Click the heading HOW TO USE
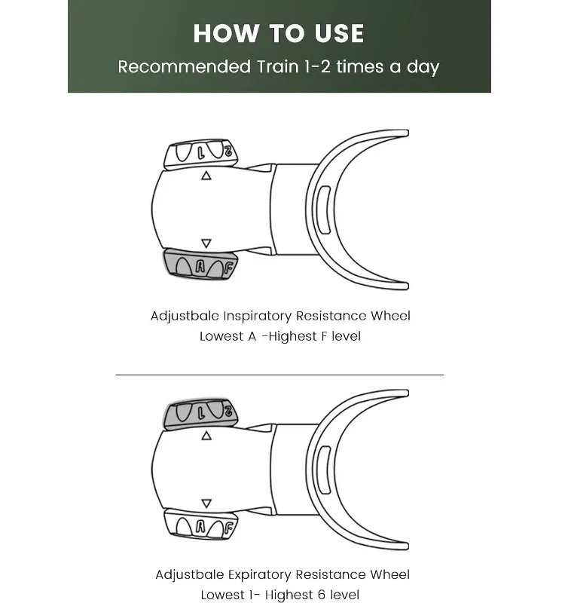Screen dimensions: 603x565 (279, 34)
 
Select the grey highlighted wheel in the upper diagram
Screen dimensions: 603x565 (200, 265)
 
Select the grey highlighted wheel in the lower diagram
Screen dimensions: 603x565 (200, 412)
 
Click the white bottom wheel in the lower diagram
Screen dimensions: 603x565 (200, 525)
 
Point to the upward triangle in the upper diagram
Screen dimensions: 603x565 (206, 176)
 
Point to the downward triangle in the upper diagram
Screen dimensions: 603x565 (206, 243)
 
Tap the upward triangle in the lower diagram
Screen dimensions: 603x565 (206, 436)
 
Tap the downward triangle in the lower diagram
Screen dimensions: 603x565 (206, 503)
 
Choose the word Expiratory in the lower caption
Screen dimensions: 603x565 (261, 575)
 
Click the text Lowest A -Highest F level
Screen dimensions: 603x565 (280, 336)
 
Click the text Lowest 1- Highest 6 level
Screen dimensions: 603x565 (280, 595)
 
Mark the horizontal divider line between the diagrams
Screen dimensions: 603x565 (279, 374)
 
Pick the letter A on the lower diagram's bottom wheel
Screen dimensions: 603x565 (200, 526)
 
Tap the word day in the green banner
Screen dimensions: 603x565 (422, 66)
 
